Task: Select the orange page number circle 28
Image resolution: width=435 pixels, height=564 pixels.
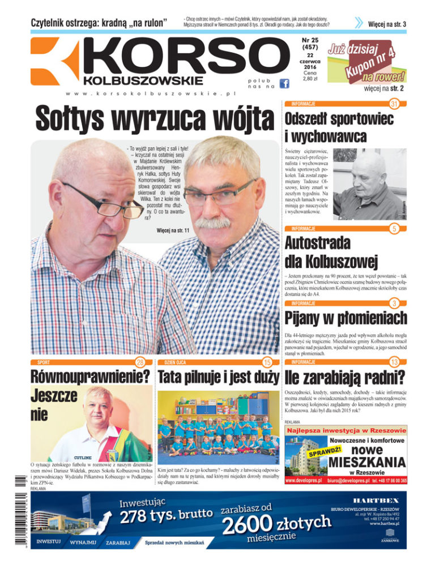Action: tap(140, 362)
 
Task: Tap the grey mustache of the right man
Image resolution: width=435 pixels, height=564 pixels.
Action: tap(213, 223)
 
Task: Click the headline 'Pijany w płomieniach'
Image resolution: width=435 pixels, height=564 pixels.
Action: tap(346, 317)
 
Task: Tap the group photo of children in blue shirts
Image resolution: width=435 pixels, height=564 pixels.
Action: tap(218, 425)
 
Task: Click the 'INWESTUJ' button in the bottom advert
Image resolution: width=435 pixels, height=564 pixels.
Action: tap(49, 541)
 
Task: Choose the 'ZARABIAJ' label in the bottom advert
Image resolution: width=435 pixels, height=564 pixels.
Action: tap(118, 542)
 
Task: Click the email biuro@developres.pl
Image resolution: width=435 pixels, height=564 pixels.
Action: tap(347, 481)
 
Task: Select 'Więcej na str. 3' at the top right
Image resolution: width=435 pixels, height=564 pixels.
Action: tap(387, 24)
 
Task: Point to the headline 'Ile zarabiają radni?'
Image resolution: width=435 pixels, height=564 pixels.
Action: tap(346, 377)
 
